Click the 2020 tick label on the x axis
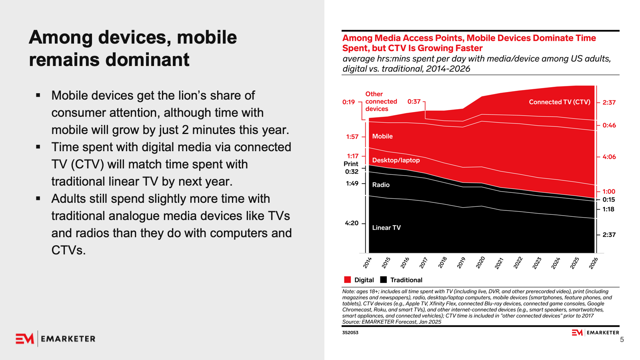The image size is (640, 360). (x=480, y=262)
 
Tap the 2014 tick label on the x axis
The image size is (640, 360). (x=368, y=262)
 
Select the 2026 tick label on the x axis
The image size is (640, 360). (x=594, y=263)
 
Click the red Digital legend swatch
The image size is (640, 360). (x=347, y=280)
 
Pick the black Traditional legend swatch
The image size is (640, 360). (x=384, y=280)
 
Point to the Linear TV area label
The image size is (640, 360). (x=386, y=228)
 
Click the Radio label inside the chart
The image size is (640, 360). (x=381, y=185)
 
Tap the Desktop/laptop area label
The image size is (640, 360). (x=396, y=160)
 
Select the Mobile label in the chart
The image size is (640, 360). (x=382, y=136)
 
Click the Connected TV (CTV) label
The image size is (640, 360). (x=559, y=102)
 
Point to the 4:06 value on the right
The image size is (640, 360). (x=609, y=157)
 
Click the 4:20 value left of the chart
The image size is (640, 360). (x=352, y=223)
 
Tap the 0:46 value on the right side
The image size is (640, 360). (x=609, y=125)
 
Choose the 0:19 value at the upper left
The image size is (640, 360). (x=348, y=102)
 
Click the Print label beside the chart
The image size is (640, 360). (x=351, y=164)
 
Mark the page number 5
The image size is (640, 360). (x=622, y=340)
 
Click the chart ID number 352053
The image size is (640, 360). (x=350, y=332)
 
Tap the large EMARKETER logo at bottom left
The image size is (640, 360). (x=56, y=339)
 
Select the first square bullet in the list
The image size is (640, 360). (x=38, y=95)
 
